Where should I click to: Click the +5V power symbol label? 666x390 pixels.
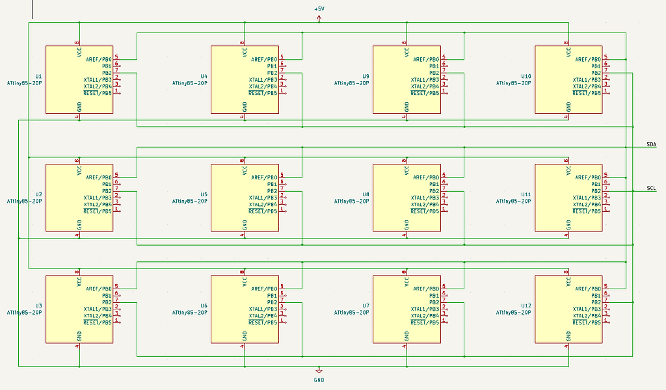pyautogui.click(x=319, y=8)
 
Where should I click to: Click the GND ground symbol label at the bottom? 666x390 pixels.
pyautogui.click(x=319, y=380)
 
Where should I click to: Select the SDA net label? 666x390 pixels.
pyautogui.click(x=650, y=144)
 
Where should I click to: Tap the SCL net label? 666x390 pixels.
pyautogui.click(x=650, y=188)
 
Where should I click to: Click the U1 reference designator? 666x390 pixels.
pyautogui.click(x=39, y=76)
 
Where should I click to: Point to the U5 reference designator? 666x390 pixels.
pyautogui.click(x=204, y=194)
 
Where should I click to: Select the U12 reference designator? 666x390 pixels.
pyautogui.click(x=526, y=305)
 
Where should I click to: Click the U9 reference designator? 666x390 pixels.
pyautogui.click(x=366, y=76)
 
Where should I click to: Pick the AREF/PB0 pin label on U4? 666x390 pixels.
pyautogui.click(x=264, y=59)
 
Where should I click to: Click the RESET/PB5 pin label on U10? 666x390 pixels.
pyautogui.click(x=587, y=93)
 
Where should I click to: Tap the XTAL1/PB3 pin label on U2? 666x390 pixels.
pyautogui.click(x=98, y=198)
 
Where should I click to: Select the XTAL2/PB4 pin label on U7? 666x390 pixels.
pyautogui.click(x=425, y=315)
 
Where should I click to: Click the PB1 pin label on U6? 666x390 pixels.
pyautogui.click(x=271, y=295)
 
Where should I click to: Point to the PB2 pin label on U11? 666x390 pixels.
pyautogui.click(x=595, y=190)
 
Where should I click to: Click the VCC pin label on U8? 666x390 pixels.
pyautogui.click(x=406, y=170)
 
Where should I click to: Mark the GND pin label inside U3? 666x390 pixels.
pyautogui.click(x=79, y=335)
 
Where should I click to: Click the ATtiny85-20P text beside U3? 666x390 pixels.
pyautogui.click(x=25, y=312)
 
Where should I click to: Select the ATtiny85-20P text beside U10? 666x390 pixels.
pyautogui.click(x=514, y=83)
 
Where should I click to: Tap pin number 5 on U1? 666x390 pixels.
pyautogui.click(x=117, y=57)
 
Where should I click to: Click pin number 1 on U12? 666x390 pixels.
pyautogui.click(x=606, y=320)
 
